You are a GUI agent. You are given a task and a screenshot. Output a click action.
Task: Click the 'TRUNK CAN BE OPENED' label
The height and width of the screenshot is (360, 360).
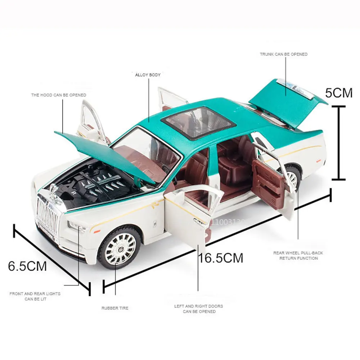[x=284, y=54]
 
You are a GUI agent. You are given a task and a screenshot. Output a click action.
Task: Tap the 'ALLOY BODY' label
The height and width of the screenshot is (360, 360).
[x=148, y=75]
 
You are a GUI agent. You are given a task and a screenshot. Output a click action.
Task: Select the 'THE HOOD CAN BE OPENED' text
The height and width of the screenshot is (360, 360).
[x=58, y=95]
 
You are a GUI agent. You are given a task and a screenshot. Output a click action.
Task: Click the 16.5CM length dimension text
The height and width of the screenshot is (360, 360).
[x=221, y=258]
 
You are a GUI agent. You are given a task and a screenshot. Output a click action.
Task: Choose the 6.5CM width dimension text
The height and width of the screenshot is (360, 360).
[x=27, y=266]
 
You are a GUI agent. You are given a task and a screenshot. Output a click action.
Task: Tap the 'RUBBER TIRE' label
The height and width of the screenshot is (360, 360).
[x=114, y=308]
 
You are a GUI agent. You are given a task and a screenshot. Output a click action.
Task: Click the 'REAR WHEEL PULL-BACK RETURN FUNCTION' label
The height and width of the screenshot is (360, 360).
[x=298, y=256]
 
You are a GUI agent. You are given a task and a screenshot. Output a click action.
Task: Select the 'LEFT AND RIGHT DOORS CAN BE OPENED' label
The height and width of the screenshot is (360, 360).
[x=198, y=309]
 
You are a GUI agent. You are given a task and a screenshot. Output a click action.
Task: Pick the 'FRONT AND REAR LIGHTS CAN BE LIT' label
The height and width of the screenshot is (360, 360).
[x=35, y=296]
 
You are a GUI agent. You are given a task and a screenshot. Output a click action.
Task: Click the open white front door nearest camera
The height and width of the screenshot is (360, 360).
[x=187, y=216]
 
